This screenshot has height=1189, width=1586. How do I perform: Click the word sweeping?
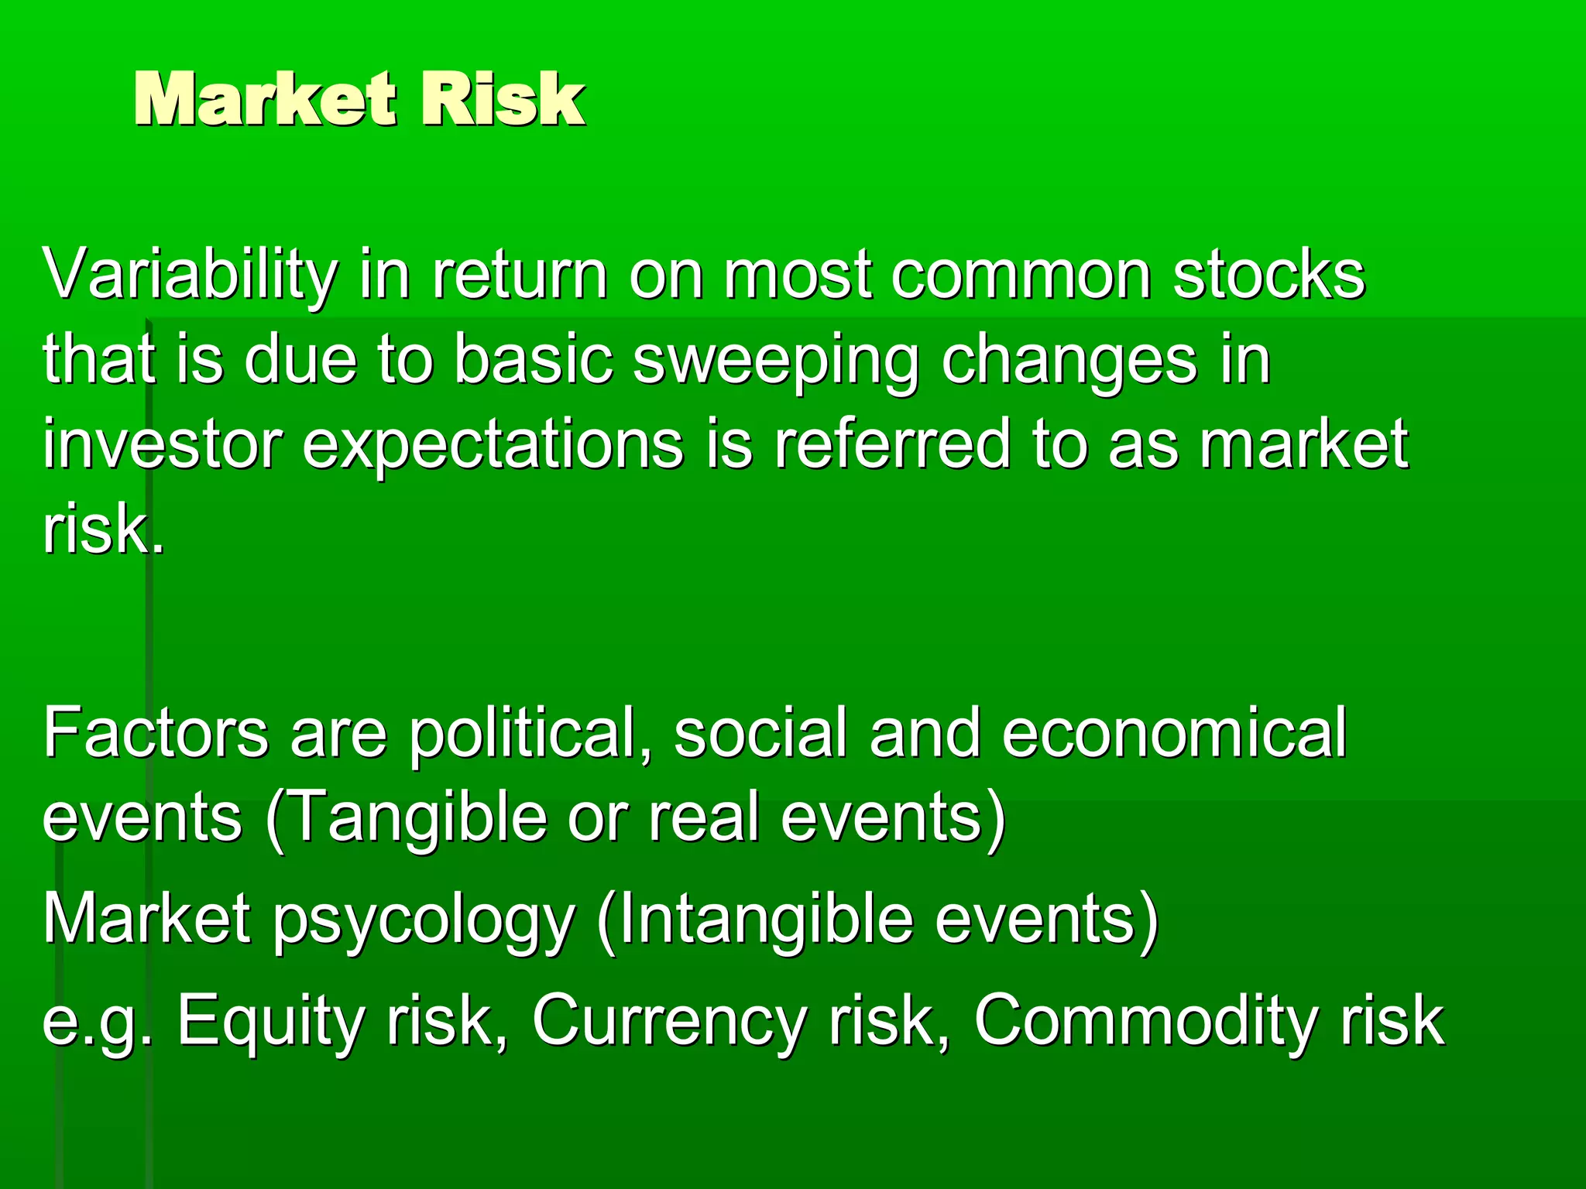coord(775,360)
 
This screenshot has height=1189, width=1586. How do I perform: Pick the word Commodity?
coord(1147,1020)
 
